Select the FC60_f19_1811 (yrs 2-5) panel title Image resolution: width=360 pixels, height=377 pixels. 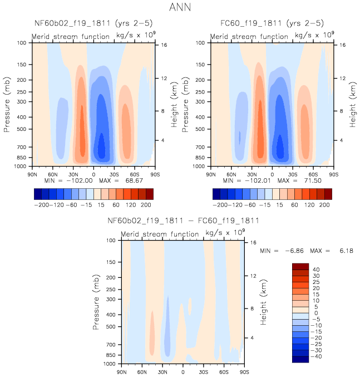pos(273,24)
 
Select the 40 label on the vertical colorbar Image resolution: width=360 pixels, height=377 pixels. pos(315,270)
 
